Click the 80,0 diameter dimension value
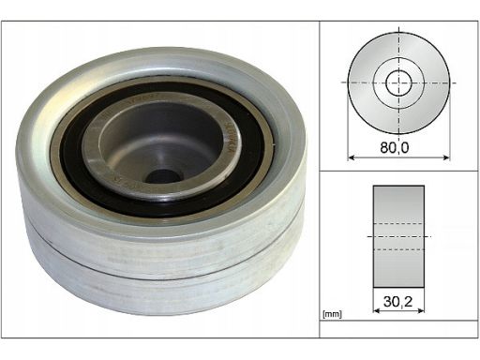[x=394, y=147]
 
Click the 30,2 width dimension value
[x=398, y=302]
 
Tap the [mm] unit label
[x=332, y=314]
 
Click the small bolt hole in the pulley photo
[x=163, y=177]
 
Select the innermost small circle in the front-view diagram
[x=398, y=82]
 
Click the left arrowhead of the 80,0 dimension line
[x=352, y=157]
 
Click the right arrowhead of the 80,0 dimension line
[x=446, y=157]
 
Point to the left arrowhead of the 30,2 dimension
[x=377, y=310]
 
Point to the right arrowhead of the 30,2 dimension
[x=421, y=310]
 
